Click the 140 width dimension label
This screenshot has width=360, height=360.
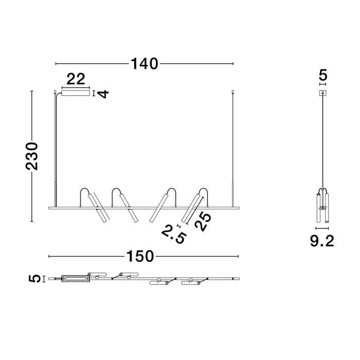145,64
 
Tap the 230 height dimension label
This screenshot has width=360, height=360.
32,156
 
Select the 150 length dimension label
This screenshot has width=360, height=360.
140,256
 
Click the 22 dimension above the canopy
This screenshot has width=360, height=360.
76,79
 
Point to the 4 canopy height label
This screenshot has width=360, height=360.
103,94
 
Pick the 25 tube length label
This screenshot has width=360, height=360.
203,222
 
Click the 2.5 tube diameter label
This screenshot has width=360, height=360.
173,235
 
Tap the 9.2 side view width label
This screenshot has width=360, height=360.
322,241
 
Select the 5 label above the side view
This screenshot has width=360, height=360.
323,75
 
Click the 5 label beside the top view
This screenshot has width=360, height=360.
34,279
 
